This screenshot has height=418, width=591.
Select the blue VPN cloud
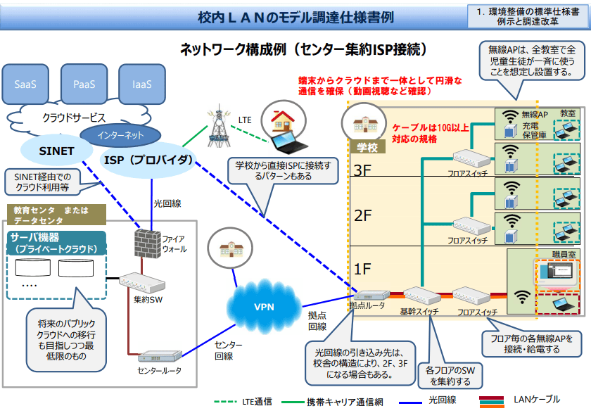[264, 306]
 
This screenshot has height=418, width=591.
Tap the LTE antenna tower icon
[220, 127]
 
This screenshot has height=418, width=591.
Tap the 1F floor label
[362, 267]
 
